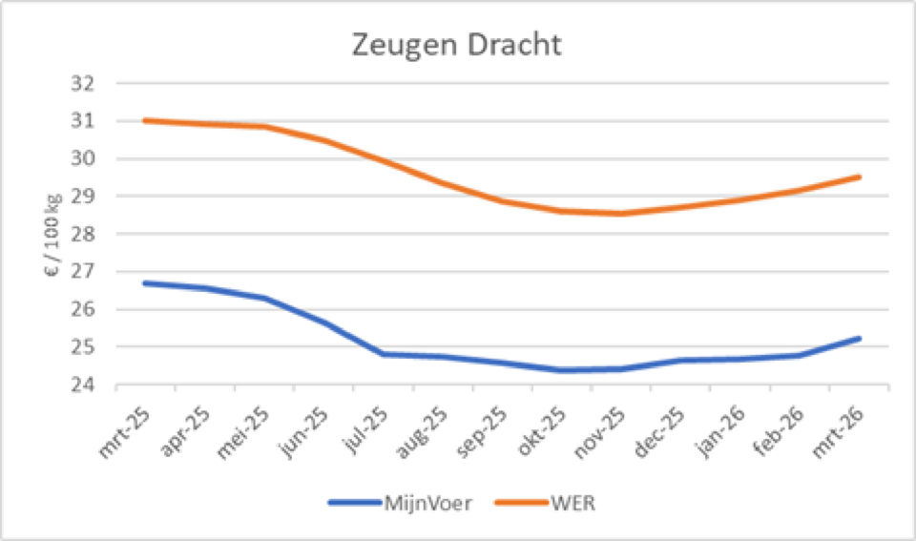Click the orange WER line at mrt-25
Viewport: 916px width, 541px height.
[144, 120]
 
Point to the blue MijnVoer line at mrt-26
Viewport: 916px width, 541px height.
[860, 338]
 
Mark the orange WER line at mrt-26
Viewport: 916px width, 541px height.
[860, 177]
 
